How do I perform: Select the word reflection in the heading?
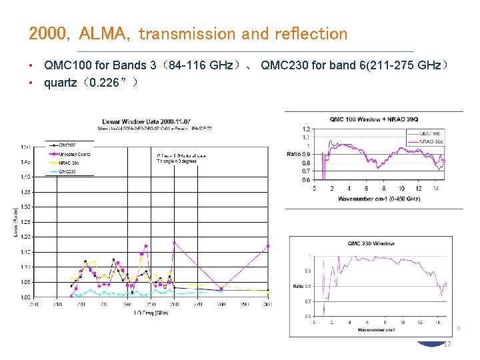310,33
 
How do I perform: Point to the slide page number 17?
447,344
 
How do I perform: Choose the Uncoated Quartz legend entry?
74,154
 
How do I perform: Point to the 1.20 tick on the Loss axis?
24,237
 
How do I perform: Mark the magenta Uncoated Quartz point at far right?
268,246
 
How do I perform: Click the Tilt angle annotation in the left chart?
176,161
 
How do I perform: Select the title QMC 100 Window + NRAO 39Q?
373,119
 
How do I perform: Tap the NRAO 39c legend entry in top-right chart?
428,141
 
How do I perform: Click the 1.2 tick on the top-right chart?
306,129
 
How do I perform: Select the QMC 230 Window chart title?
371,244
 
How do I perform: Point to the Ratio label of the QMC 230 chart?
298,286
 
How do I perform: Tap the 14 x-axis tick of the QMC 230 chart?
435,323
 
